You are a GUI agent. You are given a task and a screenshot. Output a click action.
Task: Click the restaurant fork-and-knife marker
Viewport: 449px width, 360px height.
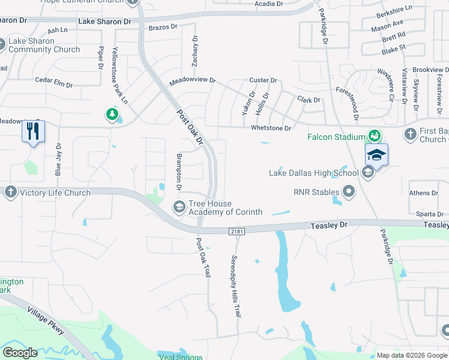[33, 131]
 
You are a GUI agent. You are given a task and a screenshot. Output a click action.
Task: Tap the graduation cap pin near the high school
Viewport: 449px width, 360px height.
[376, 155]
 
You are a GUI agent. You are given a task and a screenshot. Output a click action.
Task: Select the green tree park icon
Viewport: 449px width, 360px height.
[112, 113]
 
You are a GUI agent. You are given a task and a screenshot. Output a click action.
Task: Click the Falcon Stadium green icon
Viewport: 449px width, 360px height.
[375, 136]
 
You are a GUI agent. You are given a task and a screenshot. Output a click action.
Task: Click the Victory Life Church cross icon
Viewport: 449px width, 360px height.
[10, 193]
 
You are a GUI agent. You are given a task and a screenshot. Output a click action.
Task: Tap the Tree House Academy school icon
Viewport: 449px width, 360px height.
[179, 207]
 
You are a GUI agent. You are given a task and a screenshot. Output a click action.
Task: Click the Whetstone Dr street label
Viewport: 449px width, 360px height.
[271, 128]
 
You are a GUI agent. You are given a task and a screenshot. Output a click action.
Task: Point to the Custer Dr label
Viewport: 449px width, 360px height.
[263, 80]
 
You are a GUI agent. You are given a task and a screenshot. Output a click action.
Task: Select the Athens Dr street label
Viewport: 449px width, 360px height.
[424, 193]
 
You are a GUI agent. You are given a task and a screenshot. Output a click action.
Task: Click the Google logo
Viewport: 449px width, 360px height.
[20, 353]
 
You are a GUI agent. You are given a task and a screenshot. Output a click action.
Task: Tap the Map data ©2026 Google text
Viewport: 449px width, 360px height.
[411, 355]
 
